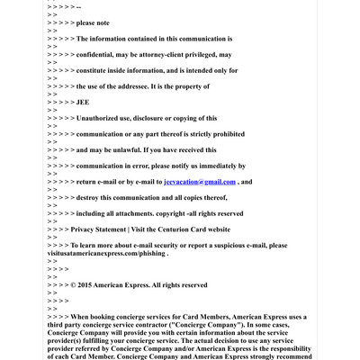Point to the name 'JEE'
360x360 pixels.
pos(83,102)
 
